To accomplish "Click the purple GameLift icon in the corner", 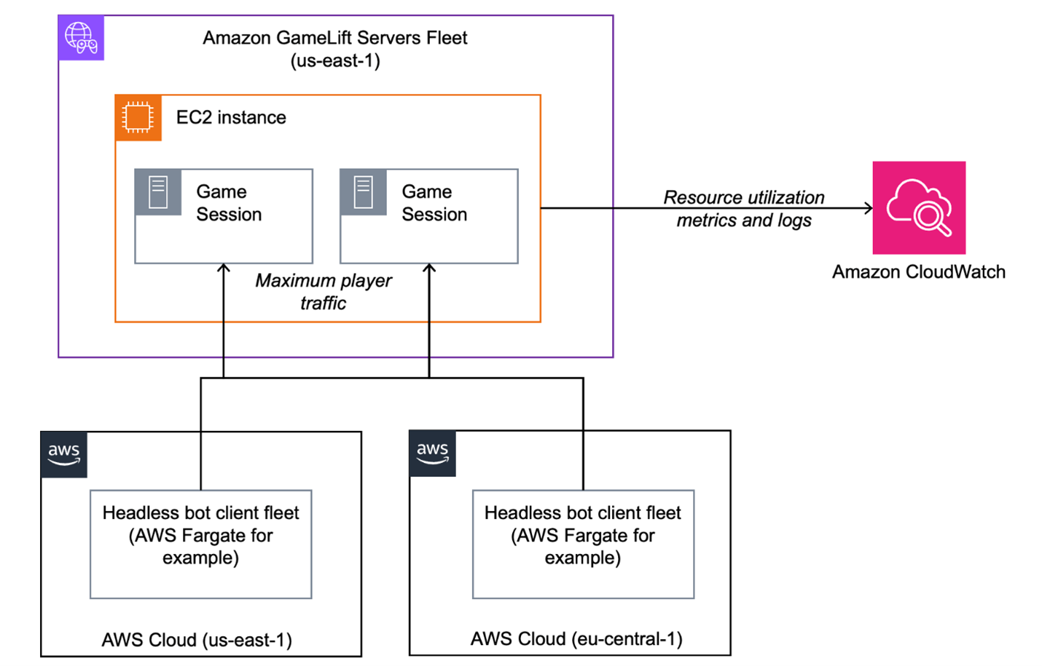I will point(81,38).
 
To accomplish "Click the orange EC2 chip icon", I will point(138,117).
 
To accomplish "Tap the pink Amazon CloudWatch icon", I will point(919,207).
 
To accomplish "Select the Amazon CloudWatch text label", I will point(918,272).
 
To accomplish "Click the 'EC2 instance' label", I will point(231,117).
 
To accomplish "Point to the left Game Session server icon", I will point(158,193).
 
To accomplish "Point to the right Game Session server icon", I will point(363,193).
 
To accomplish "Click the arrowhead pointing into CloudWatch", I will point(868,208).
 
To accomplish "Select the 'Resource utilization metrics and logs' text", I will point(743,209).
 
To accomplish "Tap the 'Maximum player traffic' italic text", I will point(324,291).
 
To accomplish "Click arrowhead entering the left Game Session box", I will point(224,269).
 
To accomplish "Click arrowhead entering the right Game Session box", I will point(429,269).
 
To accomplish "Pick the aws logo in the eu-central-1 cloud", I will point(433,453).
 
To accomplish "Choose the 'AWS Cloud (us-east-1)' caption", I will point(197,640).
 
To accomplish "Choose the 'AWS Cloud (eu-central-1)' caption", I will point(576,638).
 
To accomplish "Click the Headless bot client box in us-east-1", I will point(200,544).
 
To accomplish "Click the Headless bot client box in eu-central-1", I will point(583,544).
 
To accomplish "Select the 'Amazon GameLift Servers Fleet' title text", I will point(335,38).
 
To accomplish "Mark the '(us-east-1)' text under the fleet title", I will point(335,60).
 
